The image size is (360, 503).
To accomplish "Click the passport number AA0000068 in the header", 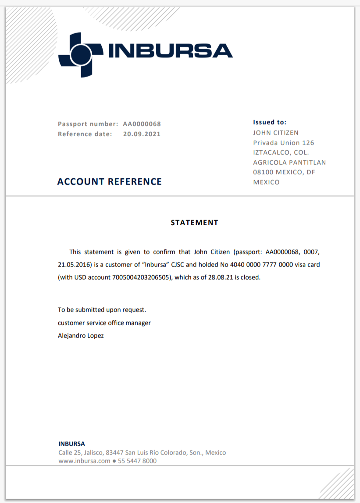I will click(142, 124).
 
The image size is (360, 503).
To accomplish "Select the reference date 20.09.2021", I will click(142, 134).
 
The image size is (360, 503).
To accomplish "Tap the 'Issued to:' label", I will click(270, 122).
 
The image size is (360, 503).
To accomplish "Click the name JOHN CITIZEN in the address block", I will click(276, 132).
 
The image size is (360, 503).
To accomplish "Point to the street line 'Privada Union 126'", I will click(284, 142).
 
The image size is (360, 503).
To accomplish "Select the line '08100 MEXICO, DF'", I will click(284, 172).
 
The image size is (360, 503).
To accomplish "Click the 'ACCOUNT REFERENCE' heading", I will click(110, 181).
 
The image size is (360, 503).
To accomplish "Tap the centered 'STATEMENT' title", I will click(194, 223).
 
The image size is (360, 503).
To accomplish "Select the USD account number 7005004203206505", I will click(143, 277).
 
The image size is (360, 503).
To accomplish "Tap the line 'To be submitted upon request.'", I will click(102, 310).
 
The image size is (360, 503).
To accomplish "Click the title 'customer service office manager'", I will click(104, 323).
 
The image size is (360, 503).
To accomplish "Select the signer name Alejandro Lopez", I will click(81, 336).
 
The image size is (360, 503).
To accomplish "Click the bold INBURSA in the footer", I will click(71, 444).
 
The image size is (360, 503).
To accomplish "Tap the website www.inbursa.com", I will click(84, 461).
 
